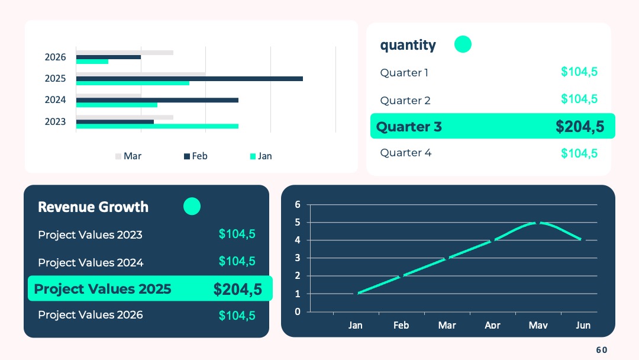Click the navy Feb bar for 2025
coord(189,79)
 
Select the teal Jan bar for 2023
coord(157,126)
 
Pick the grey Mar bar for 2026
coord(125,53)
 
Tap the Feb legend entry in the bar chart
coord(196,156)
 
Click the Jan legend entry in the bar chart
coord(261,156)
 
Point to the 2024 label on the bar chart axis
coord(55,100)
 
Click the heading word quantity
coord(408,45)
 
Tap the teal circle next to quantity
coord(463,44)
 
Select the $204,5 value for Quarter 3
coord(580,126)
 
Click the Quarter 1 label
coord(404,73)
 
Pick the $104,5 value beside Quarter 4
coord(579,153)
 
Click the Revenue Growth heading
coord(93,207)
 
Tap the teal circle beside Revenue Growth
coord(192,206)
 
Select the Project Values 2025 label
coord(103,289)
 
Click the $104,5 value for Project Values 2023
coord(237,234)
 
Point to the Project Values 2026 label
coord(91,315)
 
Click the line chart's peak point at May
coord(538,223)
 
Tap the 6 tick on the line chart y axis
coord(298,204)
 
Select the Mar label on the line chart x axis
coord(447,325)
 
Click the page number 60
coord(602,350)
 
